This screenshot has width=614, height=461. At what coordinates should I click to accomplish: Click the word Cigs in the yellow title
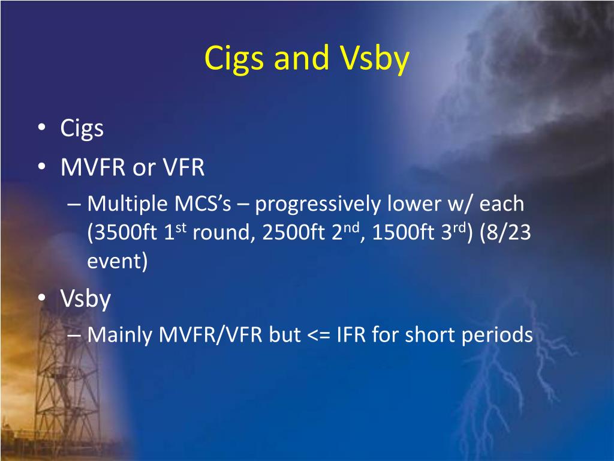(233, 59)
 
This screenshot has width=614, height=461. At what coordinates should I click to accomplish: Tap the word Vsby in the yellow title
(375, 59)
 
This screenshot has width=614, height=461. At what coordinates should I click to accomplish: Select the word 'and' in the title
(301, 57)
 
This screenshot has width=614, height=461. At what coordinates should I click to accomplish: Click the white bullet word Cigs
(82, 128)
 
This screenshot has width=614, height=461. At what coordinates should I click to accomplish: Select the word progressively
(318, 205)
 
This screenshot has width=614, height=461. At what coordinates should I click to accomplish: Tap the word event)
(117, 261)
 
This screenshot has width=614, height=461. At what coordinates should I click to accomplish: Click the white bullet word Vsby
(86, 300)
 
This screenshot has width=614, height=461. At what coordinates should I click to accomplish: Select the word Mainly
(119, 336)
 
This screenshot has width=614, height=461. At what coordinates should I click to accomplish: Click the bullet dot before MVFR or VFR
(42, 167)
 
